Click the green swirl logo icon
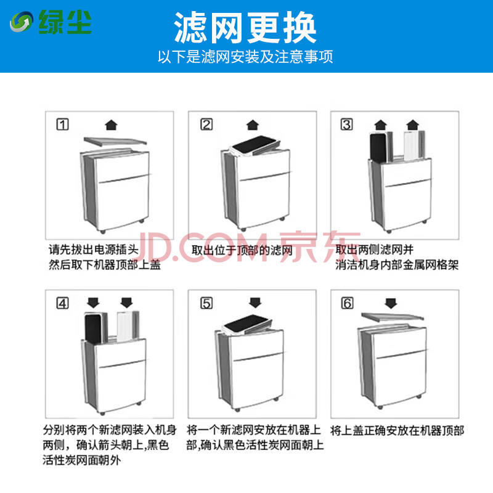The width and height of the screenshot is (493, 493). click(x=21, y=22)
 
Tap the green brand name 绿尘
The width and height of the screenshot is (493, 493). click(x=65, y=22)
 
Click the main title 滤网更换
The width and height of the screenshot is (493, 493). click(x=245, y=28)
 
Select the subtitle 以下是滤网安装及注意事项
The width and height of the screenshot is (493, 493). click(x=245, y=57)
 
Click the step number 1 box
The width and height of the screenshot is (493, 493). click(x=63, y=124)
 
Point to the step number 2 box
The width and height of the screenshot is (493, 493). click(x=206, y=124)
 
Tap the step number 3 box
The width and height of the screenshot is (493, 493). click(x=347, y=124)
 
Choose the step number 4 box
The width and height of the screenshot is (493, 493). click(x=63, y=303)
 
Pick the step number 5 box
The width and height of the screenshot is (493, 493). click(x=206, y=303)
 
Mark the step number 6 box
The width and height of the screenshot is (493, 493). click(x=347, y=303)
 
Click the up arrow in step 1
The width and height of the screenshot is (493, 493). click(x=111, y=125)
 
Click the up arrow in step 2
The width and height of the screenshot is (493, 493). click(x=253, y=125)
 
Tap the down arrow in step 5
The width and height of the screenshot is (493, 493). click(x=255, y=303)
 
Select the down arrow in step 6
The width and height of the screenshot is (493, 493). click(x=391, y=303)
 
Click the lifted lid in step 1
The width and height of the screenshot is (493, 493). click(x=115, y=141)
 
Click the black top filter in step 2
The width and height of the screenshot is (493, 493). click(x=254, y=145)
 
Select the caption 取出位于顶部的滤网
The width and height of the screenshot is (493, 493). click(x=242, y=251)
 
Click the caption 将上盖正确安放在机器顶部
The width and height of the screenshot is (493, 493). click(x=397, y=430)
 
